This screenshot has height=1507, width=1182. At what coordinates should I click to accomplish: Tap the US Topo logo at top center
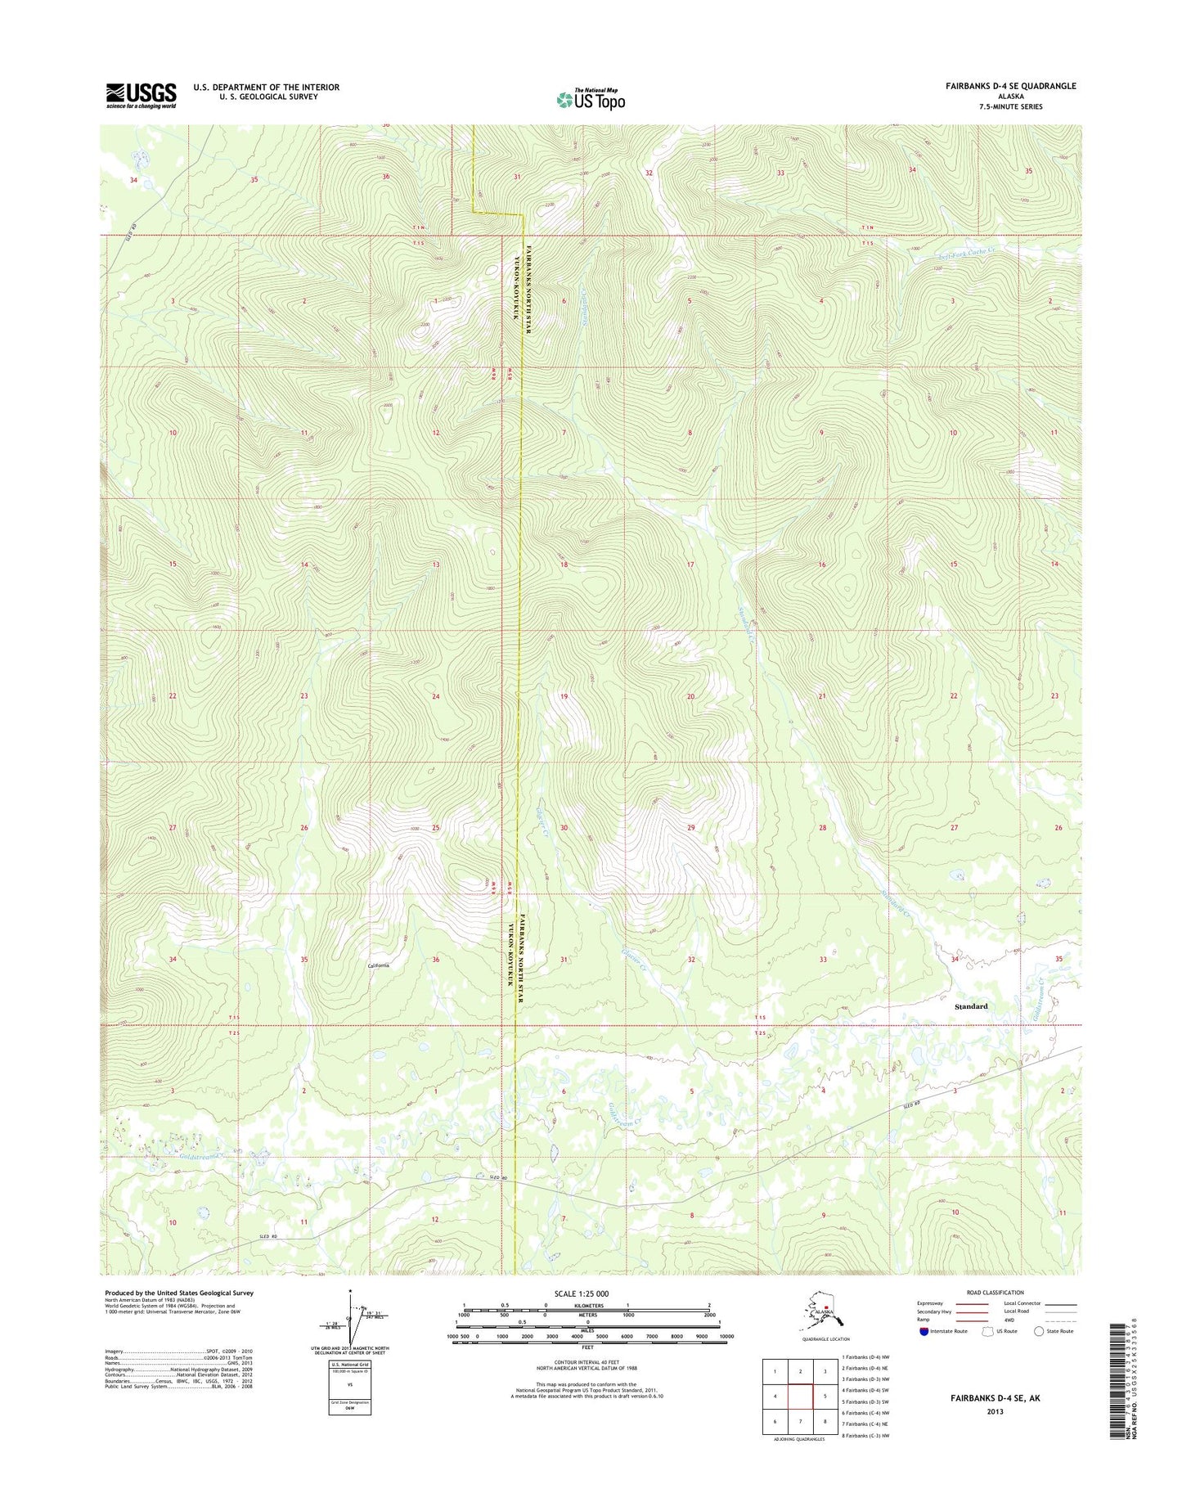tap(591, 99)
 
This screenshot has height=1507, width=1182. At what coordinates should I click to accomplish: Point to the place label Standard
tap(971, 1006)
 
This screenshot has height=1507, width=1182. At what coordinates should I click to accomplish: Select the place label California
tap(378, 965)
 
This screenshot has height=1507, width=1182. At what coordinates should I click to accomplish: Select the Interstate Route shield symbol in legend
tap(924, 1331)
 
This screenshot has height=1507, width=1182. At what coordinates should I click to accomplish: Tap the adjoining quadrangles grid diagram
tap(800, 1397)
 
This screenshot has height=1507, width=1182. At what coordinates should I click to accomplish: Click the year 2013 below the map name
tap(995, 1411)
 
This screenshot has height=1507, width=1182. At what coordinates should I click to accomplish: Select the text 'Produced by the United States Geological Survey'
tap(179, 1293)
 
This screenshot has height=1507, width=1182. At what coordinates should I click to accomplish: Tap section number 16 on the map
tap(821, 565)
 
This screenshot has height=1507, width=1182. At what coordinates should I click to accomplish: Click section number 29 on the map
tap(690, 828)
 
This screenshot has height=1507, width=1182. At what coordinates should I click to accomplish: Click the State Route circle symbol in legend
tap(1039, 1331)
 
